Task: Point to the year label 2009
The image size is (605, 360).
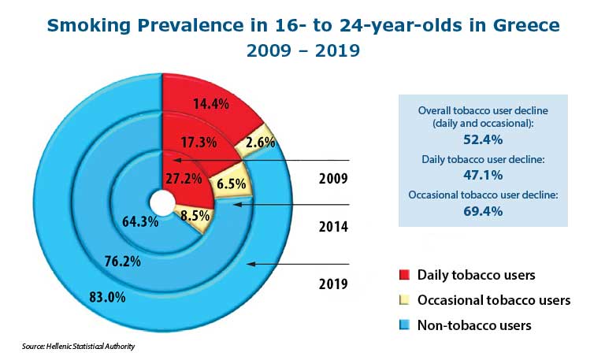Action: tap(336, 178)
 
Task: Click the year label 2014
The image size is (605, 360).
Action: tap(336, 227)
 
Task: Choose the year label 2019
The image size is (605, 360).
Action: tap(336, 282)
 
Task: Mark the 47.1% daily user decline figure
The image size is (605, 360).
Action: tap(483, 175)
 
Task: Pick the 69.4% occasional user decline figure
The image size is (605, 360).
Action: tap(483, 210)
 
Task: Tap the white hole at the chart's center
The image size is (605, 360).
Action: tap(161, 202)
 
